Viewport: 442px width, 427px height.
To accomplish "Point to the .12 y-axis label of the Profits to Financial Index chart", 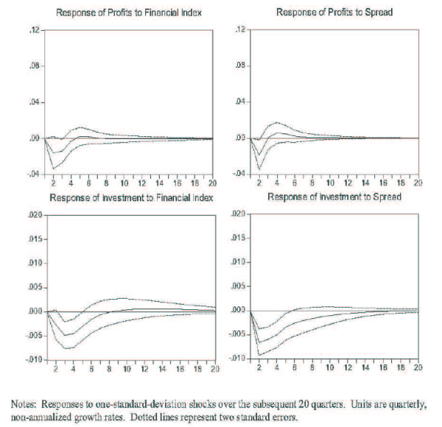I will point(33,30).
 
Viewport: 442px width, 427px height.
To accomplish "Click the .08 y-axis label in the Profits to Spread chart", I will point(238,66).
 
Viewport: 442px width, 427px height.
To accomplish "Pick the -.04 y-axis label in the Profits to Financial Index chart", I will point(32,174).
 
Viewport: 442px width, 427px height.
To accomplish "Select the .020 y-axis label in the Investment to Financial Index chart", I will point(34,215).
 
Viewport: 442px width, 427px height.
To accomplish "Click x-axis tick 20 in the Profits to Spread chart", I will point(417,183).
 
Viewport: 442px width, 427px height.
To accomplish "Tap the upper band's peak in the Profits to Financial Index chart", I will point(80,127).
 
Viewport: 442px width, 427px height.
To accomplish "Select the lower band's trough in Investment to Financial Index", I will point(69,348).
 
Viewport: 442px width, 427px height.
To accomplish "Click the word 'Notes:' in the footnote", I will point(26,404).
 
